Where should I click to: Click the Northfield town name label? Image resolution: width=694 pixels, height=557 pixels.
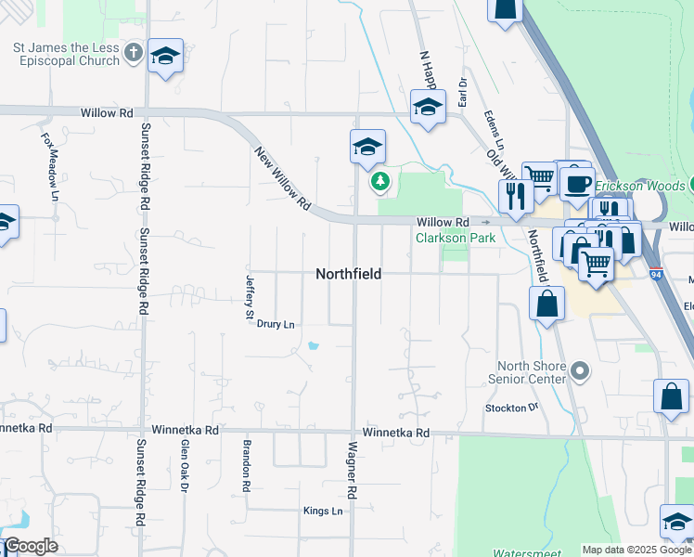click(348, 274)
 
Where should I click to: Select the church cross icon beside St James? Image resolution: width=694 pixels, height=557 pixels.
click(134, 54)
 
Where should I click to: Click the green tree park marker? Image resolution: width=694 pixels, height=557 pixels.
click(379, 182)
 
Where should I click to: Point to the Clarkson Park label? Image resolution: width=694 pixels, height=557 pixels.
click(455, 239)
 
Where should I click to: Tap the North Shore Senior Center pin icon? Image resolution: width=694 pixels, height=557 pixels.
click(580, 372)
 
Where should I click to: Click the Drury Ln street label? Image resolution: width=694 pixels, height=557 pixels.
click(276, 324)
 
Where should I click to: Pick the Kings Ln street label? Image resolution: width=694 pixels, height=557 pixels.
click(323, 512)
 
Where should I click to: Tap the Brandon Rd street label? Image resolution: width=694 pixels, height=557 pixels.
click(247, 465)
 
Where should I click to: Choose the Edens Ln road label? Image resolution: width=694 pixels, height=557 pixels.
click(494, 134)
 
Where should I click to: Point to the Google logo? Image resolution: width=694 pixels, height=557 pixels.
click(31, 546)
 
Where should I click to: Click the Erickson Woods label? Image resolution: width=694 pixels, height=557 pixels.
click(640, 186)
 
